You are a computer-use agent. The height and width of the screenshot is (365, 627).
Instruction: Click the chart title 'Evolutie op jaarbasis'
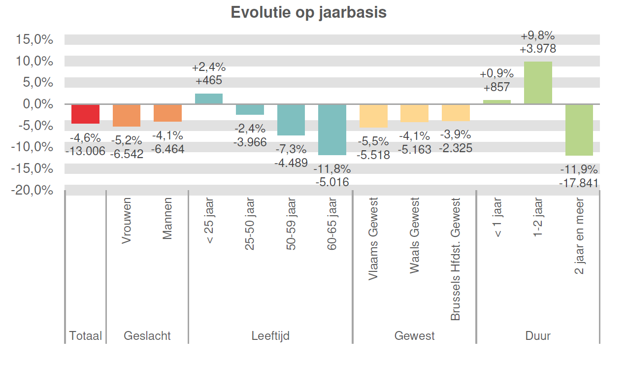tap(308, 12)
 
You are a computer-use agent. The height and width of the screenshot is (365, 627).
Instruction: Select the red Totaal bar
tap(85, 114)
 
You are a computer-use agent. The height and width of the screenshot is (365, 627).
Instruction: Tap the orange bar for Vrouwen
tap(127, 115)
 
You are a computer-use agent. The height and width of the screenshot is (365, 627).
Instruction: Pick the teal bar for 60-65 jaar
tap(332, 130)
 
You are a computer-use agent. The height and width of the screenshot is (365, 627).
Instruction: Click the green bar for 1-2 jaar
tap(538, 83)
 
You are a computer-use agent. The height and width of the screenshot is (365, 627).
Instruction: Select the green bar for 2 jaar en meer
tap(579, 130)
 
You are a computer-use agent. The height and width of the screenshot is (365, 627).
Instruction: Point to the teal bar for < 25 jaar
tap(209, 99)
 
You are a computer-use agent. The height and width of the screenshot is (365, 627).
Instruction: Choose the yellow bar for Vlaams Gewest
tap(373, 116)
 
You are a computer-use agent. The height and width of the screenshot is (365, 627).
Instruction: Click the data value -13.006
tap(85, 151)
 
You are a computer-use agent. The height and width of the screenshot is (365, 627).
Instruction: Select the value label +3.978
tap(538, 49)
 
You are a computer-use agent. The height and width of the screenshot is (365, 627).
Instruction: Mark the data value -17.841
tap(579, 183)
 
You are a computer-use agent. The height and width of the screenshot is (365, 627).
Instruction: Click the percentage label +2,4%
tap(209, 67)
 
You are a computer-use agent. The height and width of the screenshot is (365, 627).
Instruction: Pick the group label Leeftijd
tap(270, 336)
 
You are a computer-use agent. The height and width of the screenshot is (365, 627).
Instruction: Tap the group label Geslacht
tap(147, 336)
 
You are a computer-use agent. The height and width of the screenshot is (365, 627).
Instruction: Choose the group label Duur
tap(538, 336)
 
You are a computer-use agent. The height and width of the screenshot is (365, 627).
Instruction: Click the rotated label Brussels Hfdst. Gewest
tap(456, 259)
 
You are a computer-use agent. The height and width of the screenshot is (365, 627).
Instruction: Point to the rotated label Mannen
tap(168, 219)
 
